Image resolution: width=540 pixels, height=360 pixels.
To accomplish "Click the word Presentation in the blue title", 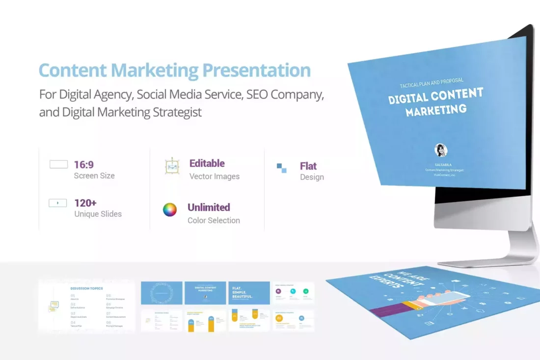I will coord(256,70).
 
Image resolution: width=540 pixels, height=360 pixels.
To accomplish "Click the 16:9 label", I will coord(84,165).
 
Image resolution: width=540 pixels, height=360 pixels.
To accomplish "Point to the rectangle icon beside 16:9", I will coord(58,164).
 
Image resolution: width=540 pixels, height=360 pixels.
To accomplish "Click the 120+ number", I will coord(85,203).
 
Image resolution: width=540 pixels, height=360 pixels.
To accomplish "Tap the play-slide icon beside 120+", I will coord(58,203).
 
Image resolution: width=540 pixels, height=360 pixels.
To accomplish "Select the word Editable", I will coord(207,163).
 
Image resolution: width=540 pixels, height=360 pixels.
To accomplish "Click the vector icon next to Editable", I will coord(172,167).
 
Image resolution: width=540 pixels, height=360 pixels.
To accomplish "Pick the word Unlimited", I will coord(209,207).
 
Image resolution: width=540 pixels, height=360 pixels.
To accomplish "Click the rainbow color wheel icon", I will coord(170,210).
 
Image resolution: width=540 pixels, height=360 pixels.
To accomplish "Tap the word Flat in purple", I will coord(308,166).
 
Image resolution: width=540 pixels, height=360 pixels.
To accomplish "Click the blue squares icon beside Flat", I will coord(281,168).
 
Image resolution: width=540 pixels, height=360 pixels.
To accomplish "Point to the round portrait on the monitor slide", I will coord(441,150).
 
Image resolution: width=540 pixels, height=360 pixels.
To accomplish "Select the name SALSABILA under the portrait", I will coord(443,164).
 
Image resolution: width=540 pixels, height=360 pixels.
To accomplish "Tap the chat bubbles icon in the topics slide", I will coord(54,307).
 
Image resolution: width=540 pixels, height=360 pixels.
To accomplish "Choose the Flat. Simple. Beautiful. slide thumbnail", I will coord(249,293).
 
